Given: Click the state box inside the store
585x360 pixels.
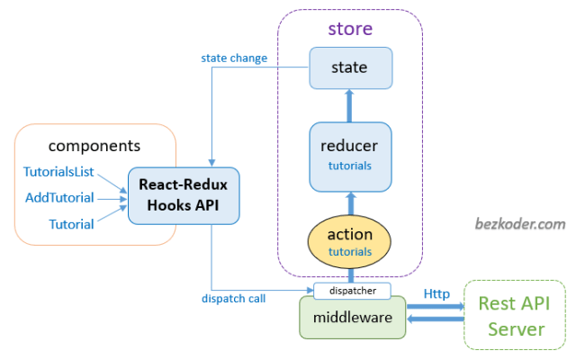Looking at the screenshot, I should (x=350, y=68).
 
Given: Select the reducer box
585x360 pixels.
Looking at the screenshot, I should (x=350, y=156).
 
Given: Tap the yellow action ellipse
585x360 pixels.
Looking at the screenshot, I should (x=350, y=240).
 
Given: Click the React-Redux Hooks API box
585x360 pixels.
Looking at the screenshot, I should (x=183, y=195).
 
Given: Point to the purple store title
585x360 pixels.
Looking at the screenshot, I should (x=350, y=29).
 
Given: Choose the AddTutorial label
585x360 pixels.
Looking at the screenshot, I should (x=61, y=197).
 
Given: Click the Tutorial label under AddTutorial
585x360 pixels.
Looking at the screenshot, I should (x=71, y=224).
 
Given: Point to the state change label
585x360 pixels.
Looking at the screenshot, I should (x=233, y=58).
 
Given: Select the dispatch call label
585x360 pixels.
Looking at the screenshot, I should (x=232, y=298).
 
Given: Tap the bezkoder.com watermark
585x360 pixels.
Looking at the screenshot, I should (x=520, y=224).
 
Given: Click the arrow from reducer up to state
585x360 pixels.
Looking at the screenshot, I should (x=350, y=105).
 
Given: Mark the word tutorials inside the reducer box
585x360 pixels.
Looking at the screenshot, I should (x=350, y=166).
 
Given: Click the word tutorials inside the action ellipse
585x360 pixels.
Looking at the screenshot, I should (x=350, y=252).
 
